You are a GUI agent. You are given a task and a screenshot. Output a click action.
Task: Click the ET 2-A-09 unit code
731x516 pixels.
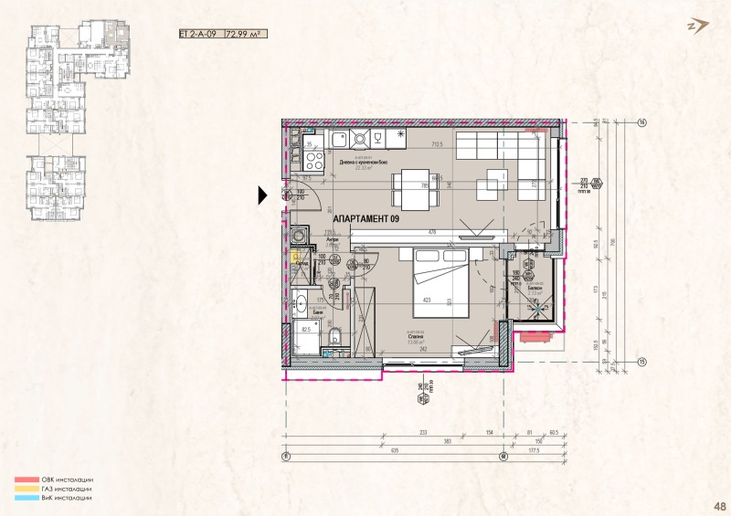[200, 35]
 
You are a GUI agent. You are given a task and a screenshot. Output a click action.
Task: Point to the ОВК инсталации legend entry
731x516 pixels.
[56, 479]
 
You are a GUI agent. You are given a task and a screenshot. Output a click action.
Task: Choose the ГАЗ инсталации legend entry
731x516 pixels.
[56, 489]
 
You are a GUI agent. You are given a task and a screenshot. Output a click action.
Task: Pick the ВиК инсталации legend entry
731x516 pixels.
[56, 498]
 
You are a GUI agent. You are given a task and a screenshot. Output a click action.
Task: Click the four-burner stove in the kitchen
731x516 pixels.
[314, 162]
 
